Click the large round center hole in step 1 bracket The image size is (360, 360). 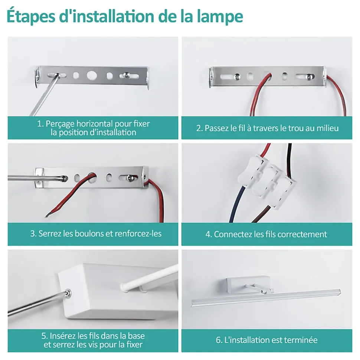tap(92, 75)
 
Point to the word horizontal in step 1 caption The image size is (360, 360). tap(95, 123)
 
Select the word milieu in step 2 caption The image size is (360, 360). tap(327, 128)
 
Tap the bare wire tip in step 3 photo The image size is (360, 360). tap(47, 215)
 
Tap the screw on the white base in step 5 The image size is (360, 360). tap(68, 293)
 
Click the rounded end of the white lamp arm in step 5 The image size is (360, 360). tap(124, 287)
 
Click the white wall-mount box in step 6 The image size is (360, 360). tap(248, 285)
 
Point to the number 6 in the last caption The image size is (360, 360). tap(218, 340)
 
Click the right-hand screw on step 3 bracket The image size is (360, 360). tap(131, 177)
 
